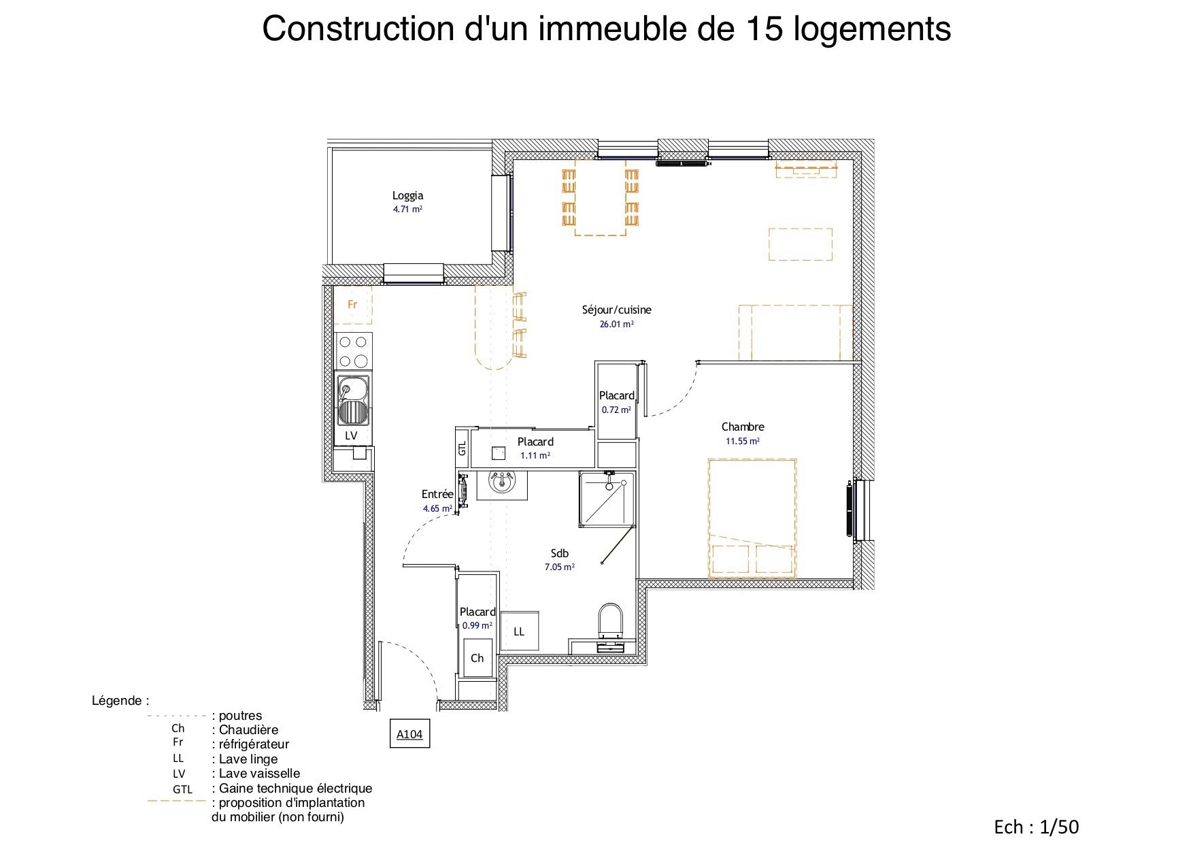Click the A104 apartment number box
[409, 734]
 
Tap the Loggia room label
[407, 195]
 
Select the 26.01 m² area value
[616, 325]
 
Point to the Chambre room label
[743, 427]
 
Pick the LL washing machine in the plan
[520, 631]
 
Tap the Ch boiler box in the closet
[477, 658]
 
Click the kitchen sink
[353, 401]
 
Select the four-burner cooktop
[353, 351]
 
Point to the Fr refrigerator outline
[352, 305]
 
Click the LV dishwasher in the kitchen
[351, 435]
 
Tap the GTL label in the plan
[463, 448]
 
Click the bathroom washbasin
[502, 482]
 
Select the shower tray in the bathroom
[607, 499]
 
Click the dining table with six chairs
[601, 197]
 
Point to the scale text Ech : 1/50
[1037, 827]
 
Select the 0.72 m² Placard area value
[616, 410]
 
